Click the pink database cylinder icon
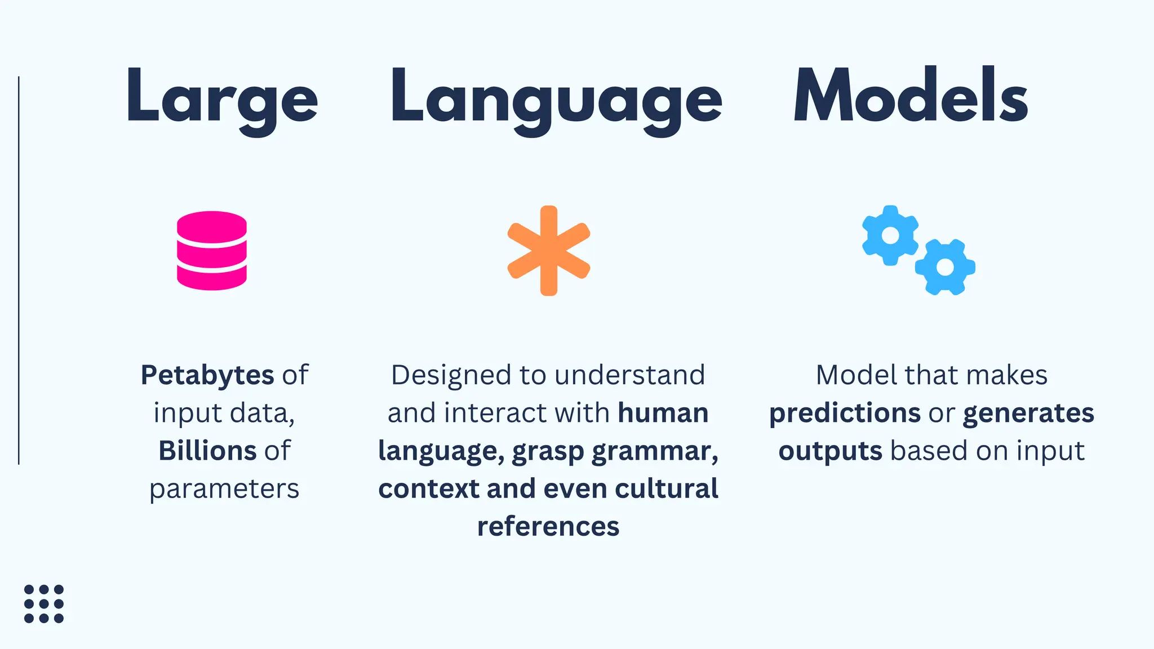click(212, 251)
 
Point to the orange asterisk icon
click(548, 251)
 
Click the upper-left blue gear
click(890, 235)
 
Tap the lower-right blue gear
click(945, 267)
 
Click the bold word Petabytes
click(207, 375)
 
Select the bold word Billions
click(208, 451)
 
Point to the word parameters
click(224, 489)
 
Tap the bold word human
click(663, 413)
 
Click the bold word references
click(548, 526)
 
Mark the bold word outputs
click(830, 451)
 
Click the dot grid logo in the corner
click(44, 604)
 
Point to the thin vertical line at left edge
click(19, 270)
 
